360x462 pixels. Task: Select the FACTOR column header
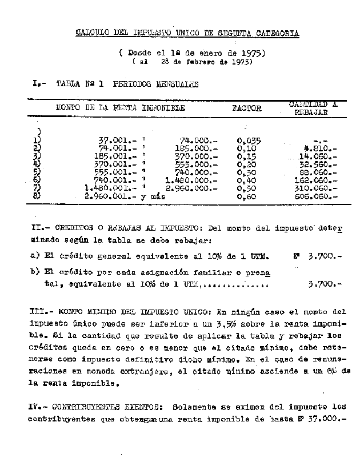(x=246, y=108)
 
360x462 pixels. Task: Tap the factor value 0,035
(x=249, y=139)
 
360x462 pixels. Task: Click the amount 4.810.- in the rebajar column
(x=322, y=147)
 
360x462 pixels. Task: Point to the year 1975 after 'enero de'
(x=252, y=53)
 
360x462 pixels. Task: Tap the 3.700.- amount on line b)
(x=323, y=283)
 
